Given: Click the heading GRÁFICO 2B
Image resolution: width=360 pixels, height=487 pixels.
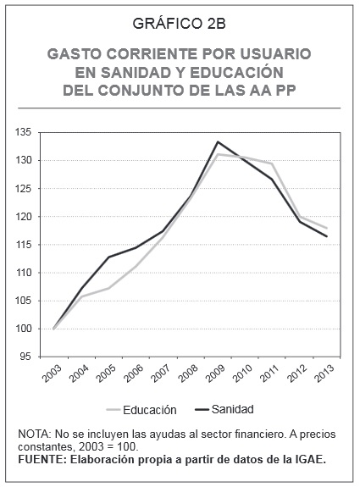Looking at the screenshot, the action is point(180,24).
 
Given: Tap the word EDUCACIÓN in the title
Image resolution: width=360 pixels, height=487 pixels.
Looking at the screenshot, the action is point(236,72).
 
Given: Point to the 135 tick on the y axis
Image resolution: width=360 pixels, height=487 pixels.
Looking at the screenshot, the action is point(24,133).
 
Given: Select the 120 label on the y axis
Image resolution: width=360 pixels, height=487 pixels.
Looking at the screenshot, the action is point(24,217).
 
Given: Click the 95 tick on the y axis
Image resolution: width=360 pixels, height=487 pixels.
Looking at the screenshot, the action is point(26,357).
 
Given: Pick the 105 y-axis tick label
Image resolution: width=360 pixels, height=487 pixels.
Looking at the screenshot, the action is point(24,301).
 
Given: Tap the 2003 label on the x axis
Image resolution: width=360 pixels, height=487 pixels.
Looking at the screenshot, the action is point(53,373).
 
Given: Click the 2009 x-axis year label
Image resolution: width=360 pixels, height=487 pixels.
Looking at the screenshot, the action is point(215,373).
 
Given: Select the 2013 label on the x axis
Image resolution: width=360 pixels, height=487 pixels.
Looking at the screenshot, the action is point(324,373).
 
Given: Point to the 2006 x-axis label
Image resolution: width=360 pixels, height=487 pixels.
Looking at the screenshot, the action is point(134,373).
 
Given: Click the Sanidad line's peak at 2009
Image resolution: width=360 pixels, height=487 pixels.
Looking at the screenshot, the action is point(218,142).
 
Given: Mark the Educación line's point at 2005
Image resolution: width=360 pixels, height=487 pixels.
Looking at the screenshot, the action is point(108,288).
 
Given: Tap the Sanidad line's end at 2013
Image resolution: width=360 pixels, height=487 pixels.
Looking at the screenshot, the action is point(327,236).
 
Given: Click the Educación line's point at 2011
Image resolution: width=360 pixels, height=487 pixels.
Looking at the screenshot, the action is point(272,163).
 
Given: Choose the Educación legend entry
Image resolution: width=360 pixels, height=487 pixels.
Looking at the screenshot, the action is point(141,410).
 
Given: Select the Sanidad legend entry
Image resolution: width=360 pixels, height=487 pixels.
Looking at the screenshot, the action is point(224,409).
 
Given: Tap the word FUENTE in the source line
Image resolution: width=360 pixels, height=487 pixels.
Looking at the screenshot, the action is point(41,460).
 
